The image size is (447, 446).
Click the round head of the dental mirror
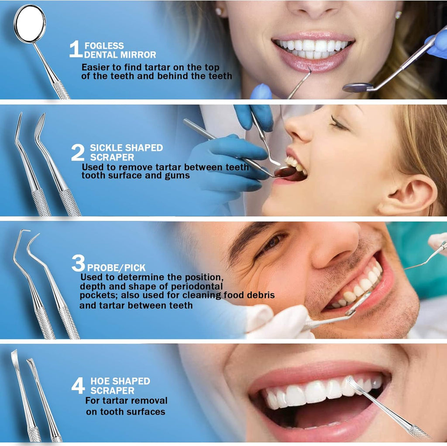pyautogui.click(x=30, y=24)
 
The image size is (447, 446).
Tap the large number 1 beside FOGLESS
pyautogui.click(x=75, y=50)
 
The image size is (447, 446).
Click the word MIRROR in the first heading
pyautogui.click(x=139, y=55)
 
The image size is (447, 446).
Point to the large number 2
pyautogui.click(x=78, y=153)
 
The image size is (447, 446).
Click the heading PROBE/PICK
pyautogui.click(x=116, y=268)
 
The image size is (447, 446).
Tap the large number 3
pyautogui.click(x=78, y=264)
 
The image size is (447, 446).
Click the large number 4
pyautogui.click(x=78, y=386)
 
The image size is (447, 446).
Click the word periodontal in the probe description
pyautogui.click(x=201, y=286)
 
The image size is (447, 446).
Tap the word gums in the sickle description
pyautogui.click(x=179, y=176)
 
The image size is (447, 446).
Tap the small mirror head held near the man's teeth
pyautogui.click(x=359, y=303)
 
